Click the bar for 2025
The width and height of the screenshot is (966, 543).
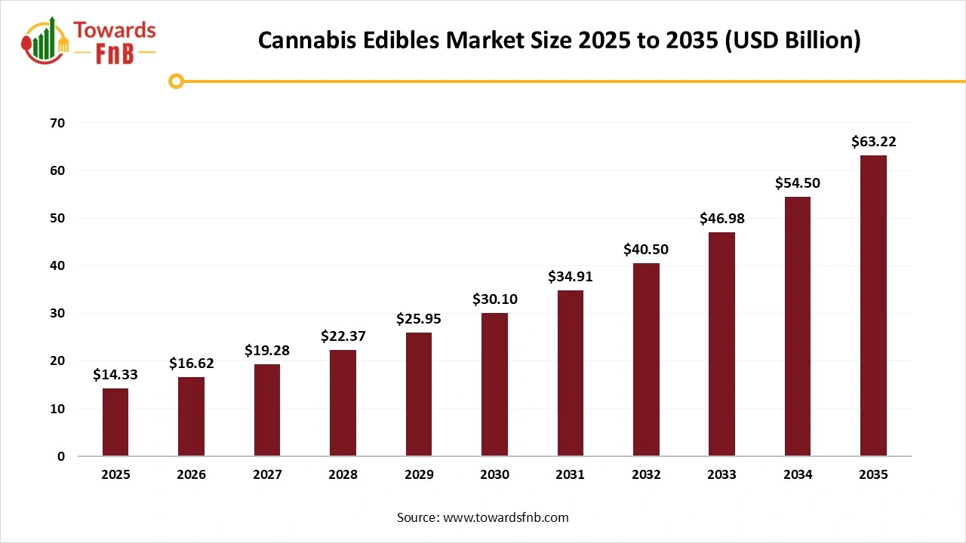coord(115,422)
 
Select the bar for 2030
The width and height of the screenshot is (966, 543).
coord(494,385)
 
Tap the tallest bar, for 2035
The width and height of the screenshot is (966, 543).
coord(873,305)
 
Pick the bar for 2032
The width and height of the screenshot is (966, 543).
coord(646,360)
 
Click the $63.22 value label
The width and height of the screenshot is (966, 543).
coord(873,142)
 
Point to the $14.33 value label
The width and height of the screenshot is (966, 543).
coord(115,375)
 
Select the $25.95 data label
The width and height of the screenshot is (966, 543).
coord(419,319)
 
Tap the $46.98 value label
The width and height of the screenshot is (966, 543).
coord(722,219)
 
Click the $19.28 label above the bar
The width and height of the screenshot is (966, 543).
coord(267,351)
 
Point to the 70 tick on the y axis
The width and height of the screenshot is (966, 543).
coord(58,123)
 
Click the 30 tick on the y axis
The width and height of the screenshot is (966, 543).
coord(58,314)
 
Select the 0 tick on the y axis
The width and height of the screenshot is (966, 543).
coord(61,456)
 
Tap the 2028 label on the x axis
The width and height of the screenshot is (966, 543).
coord(343,475)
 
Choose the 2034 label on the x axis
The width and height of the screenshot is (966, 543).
coord(798,475)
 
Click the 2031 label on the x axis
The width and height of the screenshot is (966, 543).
coord(570,475)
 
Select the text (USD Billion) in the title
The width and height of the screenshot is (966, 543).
coord(792,40)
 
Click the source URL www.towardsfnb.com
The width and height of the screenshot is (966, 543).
coord(506,517)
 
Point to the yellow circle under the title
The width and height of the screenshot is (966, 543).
coord(177,81)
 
